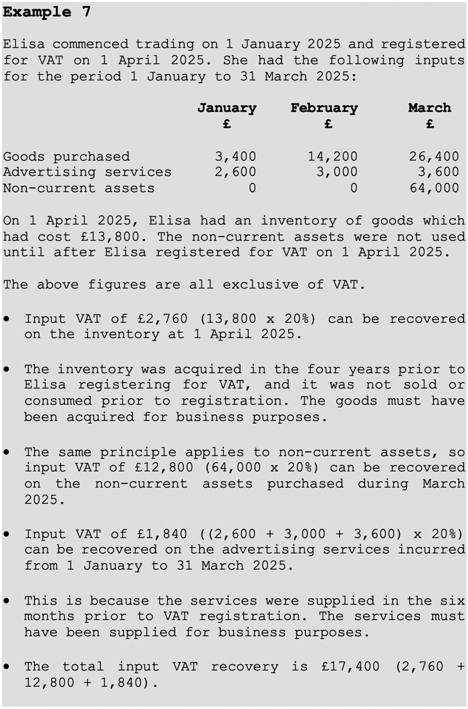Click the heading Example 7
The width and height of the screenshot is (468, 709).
tap(47, 12)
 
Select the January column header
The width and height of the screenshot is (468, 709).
tap(227, 108)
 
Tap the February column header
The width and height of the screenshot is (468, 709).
tap(324, 108)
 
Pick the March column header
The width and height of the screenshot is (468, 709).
tap(429, 108)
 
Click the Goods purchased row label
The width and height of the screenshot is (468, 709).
tap(66, 157)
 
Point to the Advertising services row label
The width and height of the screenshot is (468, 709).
tap(87, 172)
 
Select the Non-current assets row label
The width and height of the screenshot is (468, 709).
tap(79, 188)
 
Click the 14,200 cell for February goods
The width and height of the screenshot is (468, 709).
tap(332, 157)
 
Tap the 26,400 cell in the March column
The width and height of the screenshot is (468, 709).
tap(434, 157)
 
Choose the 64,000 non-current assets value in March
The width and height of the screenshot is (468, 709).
tap(434, 188)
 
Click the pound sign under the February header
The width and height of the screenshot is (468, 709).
tap(328, 124)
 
